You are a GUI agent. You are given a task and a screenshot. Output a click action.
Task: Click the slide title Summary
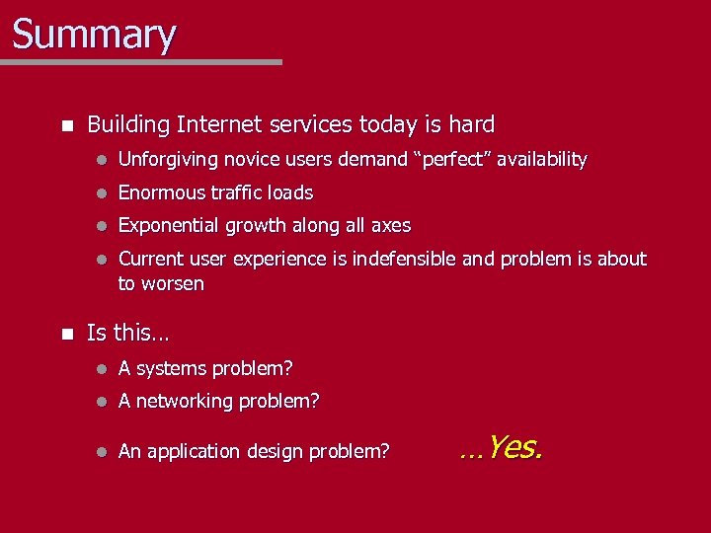(94, 34)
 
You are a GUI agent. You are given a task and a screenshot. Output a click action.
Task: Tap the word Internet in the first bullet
(216, 125)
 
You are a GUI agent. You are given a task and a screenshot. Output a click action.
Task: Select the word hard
(472, 125)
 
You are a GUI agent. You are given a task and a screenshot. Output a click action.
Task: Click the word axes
(391, 226)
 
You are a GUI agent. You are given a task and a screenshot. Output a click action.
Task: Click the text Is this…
(127, 333)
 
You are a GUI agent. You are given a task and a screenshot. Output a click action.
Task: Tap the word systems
(175, 369)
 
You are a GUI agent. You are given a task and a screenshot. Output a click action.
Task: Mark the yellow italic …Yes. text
(501, 449)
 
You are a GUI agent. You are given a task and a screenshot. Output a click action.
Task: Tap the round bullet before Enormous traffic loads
(101, 193)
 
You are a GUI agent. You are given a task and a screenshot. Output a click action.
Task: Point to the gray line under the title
(141, 62)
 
